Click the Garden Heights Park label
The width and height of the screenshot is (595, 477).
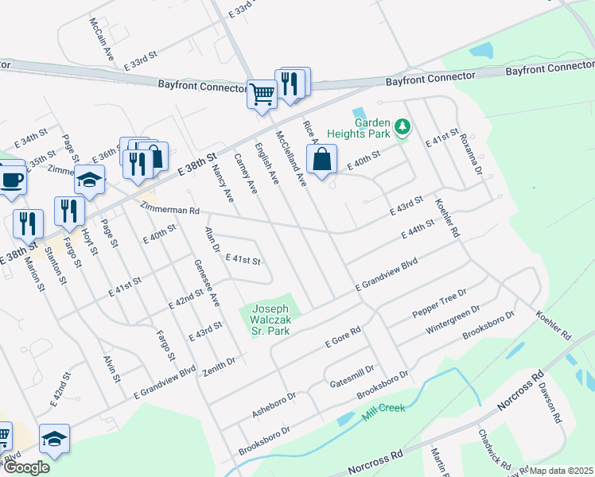pos(372,129)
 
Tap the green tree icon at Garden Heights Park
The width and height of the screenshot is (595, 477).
pos(402,126)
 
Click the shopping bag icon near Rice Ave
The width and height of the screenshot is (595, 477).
pos(321,159)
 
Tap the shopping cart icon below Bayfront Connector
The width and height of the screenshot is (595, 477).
pos(262,94)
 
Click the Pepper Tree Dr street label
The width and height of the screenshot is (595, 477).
pos(438,304)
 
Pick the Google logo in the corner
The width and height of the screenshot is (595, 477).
pos(26,467)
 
